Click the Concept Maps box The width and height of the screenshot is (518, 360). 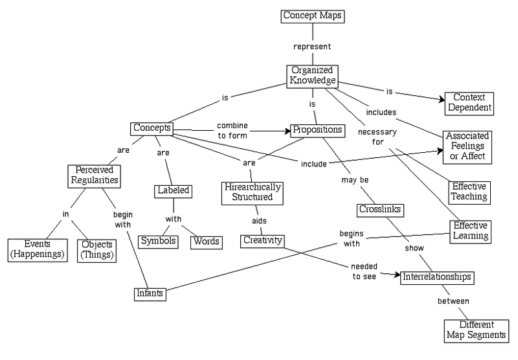[x=313, y=16]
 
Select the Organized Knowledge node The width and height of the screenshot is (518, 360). [x=312, y=76]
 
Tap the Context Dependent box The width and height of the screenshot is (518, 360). [x=469, y=104]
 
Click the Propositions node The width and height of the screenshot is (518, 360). [x=317, y=131]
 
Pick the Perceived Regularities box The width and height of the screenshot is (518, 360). [x=94, y=176]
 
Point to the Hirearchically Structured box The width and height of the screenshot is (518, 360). [x=253, y=193]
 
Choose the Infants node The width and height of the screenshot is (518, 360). [x=150, y=294]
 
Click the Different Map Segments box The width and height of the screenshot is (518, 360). [x=477, y=331]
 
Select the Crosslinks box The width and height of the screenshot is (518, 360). [x=380, y=210]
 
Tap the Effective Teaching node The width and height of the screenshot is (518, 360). [x=469, y=192]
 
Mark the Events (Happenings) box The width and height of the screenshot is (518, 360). [x=38, y=251]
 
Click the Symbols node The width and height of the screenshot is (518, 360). [x=158, y=242]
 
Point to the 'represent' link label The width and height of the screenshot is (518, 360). [x=312, y=47]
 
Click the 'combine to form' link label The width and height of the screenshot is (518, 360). [x=232, y=130]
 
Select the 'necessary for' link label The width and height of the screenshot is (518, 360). [x=377, y=137]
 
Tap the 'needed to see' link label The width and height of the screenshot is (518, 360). [x=365, y=271]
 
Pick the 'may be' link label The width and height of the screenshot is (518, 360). [x=355, y=180]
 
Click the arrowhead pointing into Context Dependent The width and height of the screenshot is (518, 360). [x=442, y=99]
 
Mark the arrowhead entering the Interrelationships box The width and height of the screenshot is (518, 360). [x=398, y=275]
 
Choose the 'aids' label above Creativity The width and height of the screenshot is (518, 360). [x=260, y=221]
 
